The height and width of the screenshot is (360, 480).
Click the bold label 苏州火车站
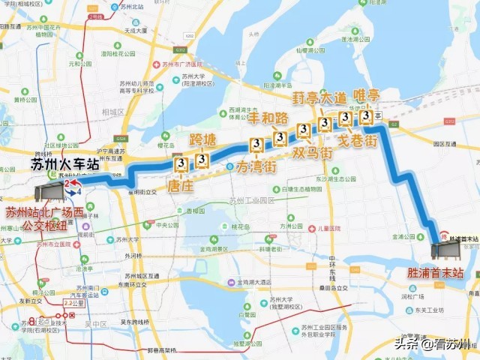coord(66,164)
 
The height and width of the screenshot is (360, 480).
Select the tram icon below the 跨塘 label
coord(202,159)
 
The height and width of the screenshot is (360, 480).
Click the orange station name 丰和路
coord(268,118)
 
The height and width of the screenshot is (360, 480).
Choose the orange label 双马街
coord(312,152)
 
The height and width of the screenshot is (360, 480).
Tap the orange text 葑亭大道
coord(319,98)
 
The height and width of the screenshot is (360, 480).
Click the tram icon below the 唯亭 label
coord(366,116)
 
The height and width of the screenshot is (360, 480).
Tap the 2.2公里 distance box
coord(70,302)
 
